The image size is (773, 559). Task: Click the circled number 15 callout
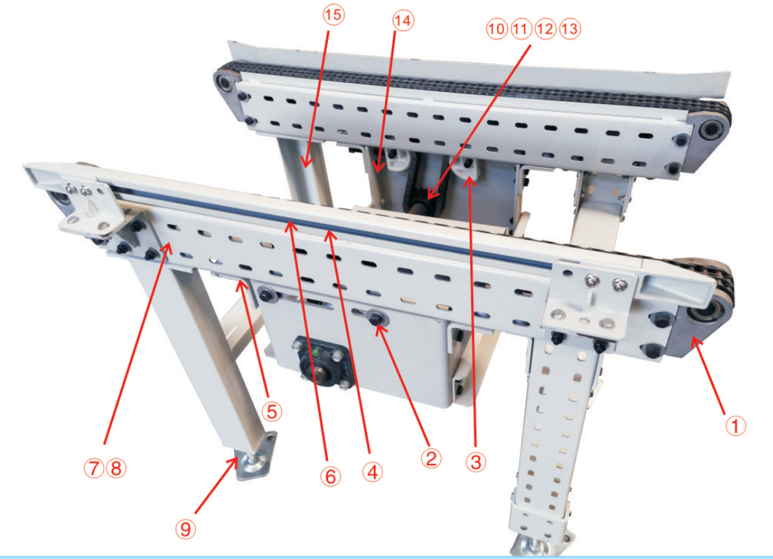point(333,15)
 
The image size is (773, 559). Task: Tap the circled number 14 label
point(403,21)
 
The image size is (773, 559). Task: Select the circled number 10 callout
point(497,29)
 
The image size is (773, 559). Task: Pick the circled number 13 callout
point(570,29)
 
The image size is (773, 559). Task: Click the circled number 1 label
point(735,426)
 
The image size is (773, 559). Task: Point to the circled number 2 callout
point(431,459)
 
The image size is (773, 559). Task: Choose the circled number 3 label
point(476,462)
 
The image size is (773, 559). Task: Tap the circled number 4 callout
point(373,472)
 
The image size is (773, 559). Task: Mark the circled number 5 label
point(271,411)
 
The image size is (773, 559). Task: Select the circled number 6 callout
point(330,476)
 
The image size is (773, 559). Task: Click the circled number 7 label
point(93,468)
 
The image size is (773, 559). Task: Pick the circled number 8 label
point(117,468)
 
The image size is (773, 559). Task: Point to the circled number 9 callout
point(186,529)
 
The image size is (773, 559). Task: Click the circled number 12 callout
point(546,29)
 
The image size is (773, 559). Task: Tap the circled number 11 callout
point(520,29)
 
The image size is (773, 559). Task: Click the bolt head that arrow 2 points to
point(377,319)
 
